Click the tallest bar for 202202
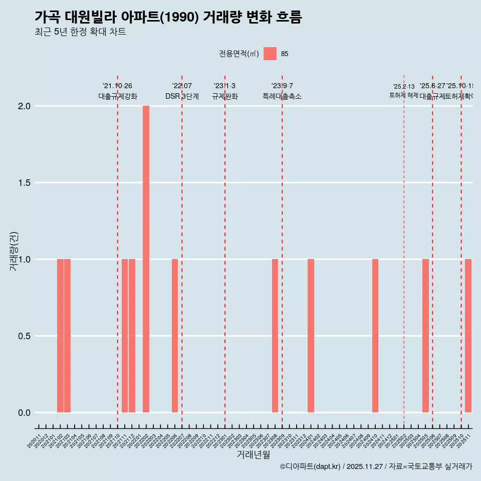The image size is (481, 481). point(146,259)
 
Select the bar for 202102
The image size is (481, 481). point(60,336)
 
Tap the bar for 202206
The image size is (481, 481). point(175,336)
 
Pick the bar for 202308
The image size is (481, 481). point(275,336)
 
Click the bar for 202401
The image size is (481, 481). point(311,336)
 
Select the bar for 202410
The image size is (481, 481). point(375,336)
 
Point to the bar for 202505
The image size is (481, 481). point(425,336)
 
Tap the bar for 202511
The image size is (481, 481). point(468,336)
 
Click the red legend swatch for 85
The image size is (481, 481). point(270,54)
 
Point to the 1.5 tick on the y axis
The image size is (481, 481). point(24,183)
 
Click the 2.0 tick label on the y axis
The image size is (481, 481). point(24,106)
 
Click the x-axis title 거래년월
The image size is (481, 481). point(253,454)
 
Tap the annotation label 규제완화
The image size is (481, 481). point(224,97)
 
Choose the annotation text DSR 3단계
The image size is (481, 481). point(182,97)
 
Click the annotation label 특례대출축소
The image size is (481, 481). point(282,97)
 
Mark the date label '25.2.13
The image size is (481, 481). point(403,87)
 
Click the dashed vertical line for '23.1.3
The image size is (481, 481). point(225,251)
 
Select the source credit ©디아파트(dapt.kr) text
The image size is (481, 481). point(311,466)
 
